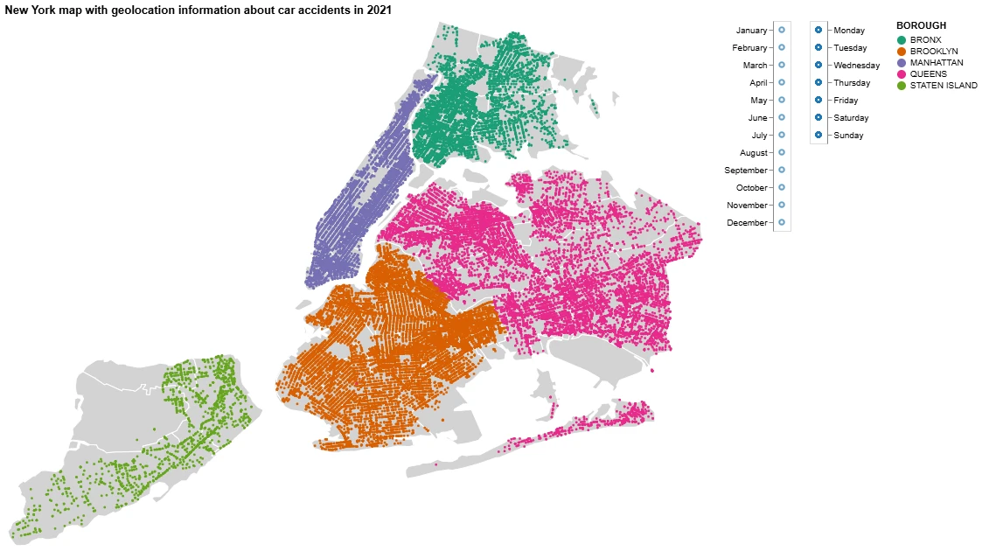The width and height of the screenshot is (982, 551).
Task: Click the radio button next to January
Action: tap(782, 31)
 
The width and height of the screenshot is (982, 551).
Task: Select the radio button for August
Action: tap(782, 153)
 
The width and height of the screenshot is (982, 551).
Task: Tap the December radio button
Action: tap(782, 223)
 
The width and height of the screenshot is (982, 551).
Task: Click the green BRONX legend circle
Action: tap(902, 40)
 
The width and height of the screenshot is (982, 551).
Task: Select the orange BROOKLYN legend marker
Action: tap(902, 52)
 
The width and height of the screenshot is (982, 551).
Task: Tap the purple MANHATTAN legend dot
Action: tap(902, 63)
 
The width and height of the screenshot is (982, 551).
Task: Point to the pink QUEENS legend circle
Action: tap(902, 74)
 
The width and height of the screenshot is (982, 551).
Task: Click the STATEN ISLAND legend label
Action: tap(944, 86)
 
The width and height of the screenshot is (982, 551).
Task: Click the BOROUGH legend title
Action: tap(921, 26)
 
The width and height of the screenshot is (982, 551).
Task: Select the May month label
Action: tap(758, 101)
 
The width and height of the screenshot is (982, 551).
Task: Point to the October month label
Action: tap(751, 188)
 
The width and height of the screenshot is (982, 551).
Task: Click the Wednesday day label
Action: tap(856, 66)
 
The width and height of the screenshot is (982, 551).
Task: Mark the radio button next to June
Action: tap(782, 118)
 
